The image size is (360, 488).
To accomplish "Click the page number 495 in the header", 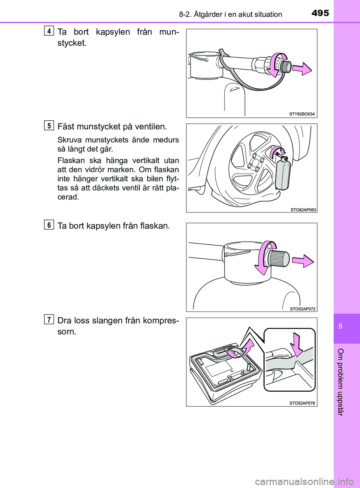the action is tap(320, 13).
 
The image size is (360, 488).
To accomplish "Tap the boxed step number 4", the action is tap(49, 31).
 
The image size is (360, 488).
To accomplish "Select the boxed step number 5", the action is tap(49, 126).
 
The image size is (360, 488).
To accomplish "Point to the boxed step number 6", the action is tap(49, 225).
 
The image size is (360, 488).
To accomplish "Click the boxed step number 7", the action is tap(49, 320).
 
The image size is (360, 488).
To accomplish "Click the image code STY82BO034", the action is tap(302, 114).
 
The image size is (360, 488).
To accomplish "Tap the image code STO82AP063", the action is tap(303, 210).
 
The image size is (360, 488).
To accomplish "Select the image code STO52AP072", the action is tap(303, 309).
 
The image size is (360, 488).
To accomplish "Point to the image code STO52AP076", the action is tap(302, 403).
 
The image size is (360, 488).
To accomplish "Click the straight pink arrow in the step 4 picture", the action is tap(302, 69).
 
